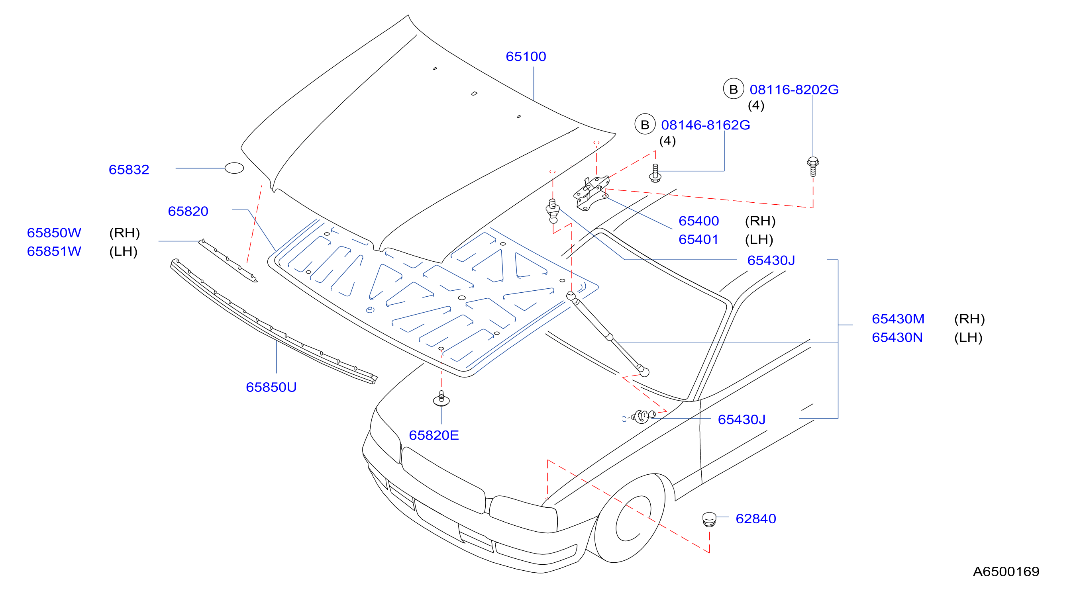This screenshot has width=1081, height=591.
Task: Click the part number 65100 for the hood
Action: pos(526,57)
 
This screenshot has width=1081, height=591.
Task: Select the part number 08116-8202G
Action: pos(794,90)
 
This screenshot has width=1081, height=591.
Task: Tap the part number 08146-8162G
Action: pos(705,125)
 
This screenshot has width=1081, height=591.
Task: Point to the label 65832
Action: pos(129,170)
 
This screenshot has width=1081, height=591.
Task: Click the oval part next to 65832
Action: pos(234,168)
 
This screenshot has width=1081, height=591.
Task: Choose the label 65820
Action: pos(188,211)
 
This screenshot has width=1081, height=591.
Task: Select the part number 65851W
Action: pos(54,251)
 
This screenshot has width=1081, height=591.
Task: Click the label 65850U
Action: pos(271,387)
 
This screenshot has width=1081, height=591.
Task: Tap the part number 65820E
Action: pos(434,435)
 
